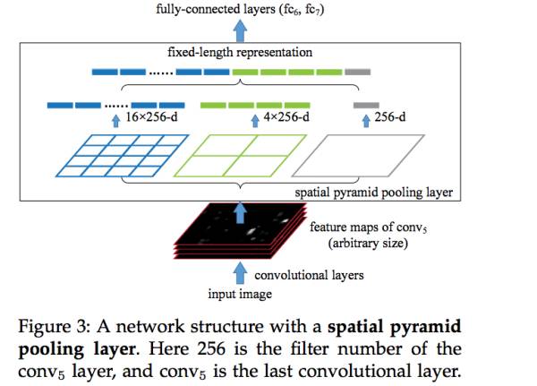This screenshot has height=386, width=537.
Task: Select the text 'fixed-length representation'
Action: [241, 52]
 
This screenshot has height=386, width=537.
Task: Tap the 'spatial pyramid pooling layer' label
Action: [371, 192]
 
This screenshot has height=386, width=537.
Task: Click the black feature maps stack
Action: [242, 234]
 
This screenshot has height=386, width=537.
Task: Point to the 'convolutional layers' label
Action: [309, 274]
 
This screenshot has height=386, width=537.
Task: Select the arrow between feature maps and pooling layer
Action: [241, 210]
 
